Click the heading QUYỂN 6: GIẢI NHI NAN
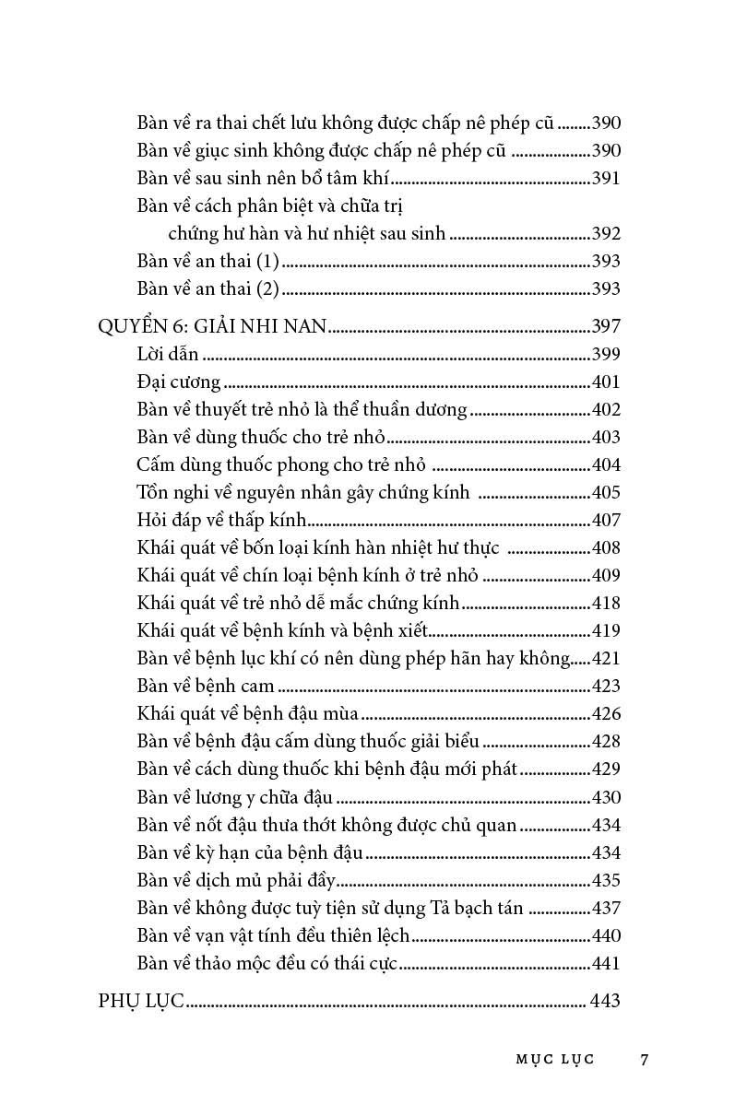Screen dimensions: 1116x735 (x=213, y=326)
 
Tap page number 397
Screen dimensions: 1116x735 (x=605, y=326)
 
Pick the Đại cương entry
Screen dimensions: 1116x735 (x=178, y=382)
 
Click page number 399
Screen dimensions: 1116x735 (x=605, y=354)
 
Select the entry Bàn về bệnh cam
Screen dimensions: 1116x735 (x=206, y=686)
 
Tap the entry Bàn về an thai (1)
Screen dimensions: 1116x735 (x=207, y=262)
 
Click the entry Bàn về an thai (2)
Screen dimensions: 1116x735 (x=207, y=289)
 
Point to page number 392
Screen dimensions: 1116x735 (x=605, y=234)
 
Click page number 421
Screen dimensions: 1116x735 (x=605, y=658)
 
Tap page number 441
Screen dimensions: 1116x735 (x=605, y=963)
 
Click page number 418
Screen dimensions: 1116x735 (x=605, y=603)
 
